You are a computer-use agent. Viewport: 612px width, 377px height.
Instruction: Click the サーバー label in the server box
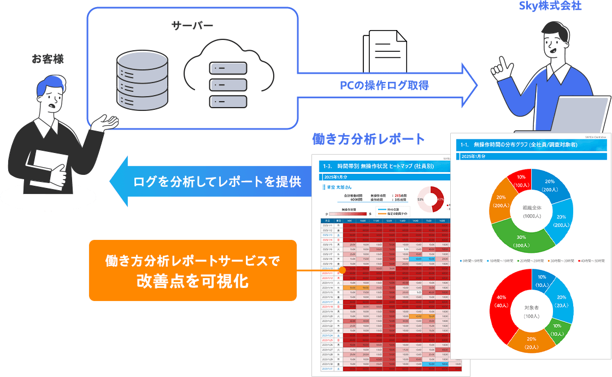[x=192, y=26]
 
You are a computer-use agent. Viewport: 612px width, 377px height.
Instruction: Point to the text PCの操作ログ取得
[x=384, y=85]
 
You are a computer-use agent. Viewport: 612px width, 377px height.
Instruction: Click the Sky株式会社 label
[x=551, y=7]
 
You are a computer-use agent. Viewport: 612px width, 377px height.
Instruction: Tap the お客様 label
[x=48, y=58]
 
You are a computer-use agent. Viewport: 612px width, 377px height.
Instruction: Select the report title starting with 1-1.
[x=519, y=145]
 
